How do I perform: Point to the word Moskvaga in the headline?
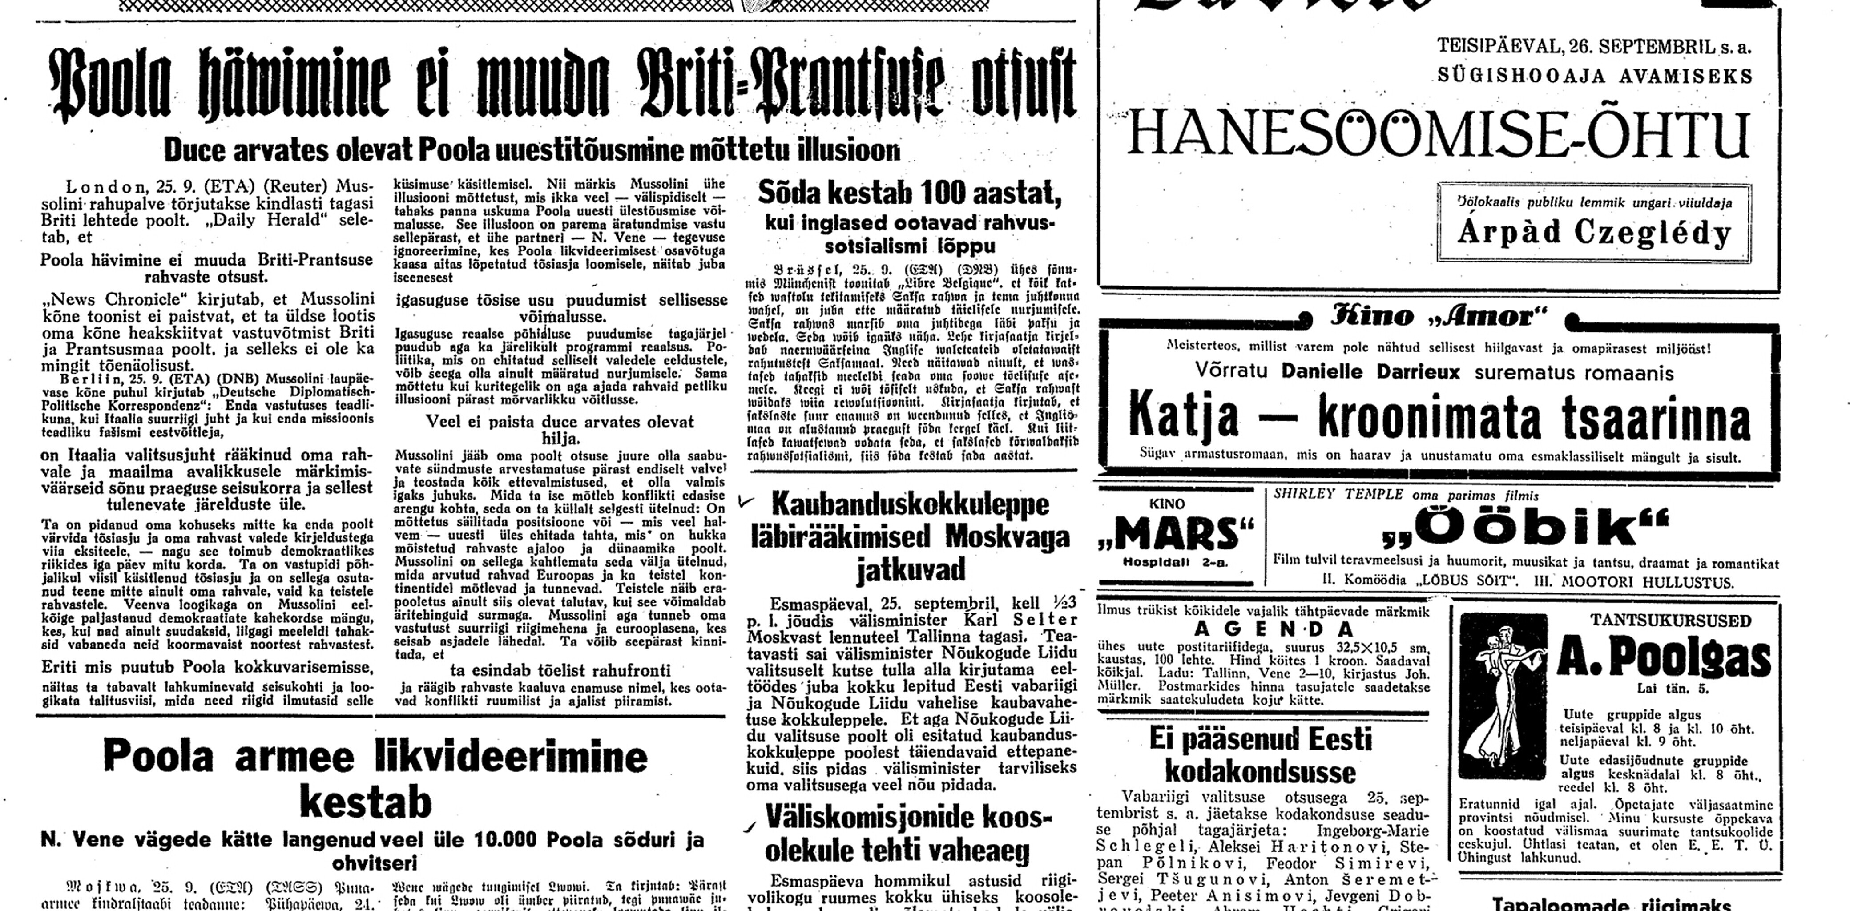pos(1002,536)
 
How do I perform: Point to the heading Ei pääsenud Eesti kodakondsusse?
pos(1260,754)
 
